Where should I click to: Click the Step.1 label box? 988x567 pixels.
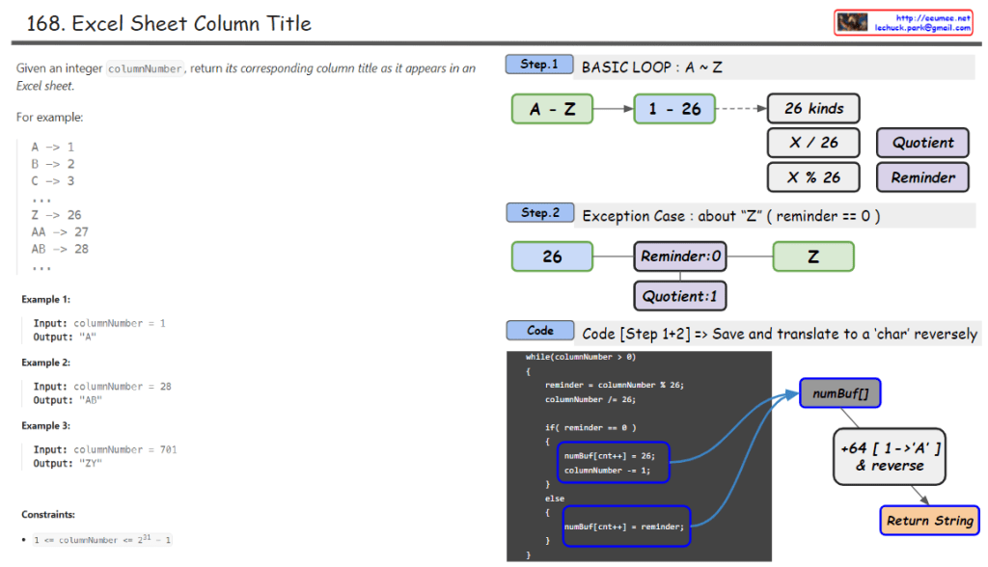point(539,65)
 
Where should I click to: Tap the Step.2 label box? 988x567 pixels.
point(539,212)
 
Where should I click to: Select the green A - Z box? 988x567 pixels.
point(552,109)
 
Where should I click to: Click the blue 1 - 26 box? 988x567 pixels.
point(674,109)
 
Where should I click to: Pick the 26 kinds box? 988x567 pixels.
point(813,108)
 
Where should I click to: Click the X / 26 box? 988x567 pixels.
point(813,143)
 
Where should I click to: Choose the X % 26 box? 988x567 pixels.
point(813,177)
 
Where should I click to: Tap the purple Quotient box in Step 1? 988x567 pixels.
point(922,143)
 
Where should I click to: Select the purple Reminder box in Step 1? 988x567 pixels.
point(922,177)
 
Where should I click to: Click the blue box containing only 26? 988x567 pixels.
point(552,256)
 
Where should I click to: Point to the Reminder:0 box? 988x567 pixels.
point(681,256)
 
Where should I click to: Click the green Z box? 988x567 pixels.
point(813,256)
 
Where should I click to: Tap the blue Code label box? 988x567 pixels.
point(539,331)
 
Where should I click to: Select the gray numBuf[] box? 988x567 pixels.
point(840,393)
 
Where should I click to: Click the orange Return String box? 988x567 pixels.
point(929,521)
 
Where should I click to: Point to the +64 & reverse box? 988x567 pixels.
point(890,456)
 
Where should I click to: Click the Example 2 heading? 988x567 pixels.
point(45,363)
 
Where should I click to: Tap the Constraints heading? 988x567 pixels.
point(48,515)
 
